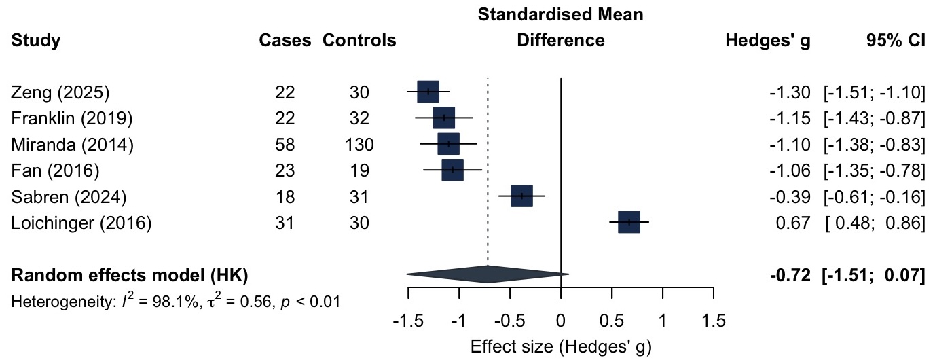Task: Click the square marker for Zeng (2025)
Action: [428, 92]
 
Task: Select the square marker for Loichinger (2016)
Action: [629, 222]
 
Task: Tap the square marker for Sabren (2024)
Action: [521, 196]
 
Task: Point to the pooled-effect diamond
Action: [488, 274]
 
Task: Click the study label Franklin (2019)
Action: [72, 118]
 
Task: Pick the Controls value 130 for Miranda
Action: [359, 144]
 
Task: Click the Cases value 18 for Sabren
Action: [285, 196]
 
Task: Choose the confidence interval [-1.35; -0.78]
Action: [874, 170]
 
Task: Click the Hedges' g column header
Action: [768, 41]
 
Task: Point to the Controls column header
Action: [359, 41]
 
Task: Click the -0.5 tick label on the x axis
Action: [510, 319]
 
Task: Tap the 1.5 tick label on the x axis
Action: [712, 319]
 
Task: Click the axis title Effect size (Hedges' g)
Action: [561, 347]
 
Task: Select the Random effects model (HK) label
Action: [130, 275]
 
